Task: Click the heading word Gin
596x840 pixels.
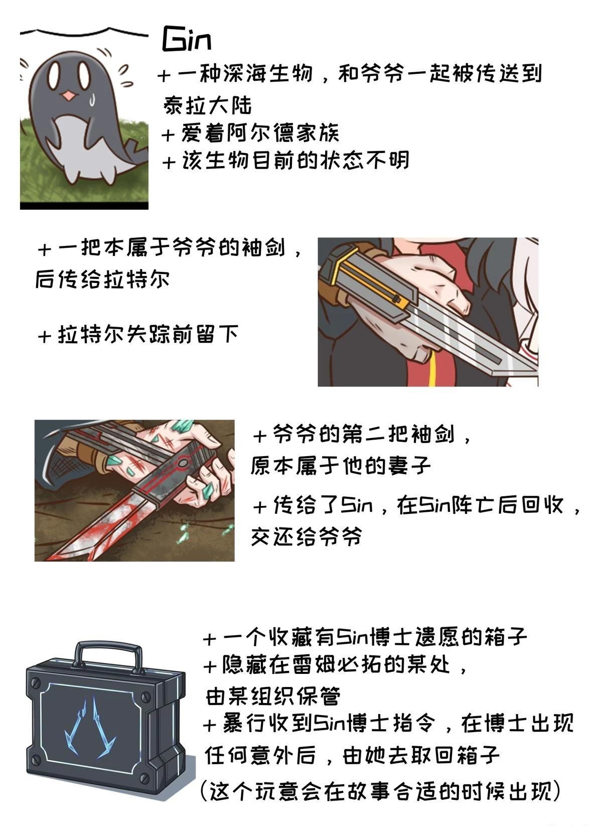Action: coord(187,40)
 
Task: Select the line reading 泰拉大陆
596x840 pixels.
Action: coord(207,106)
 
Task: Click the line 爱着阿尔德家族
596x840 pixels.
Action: coord(250,133)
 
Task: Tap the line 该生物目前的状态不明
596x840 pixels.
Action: coord(285,161)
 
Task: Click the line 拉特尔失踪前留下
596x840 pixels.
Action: coord(138,333)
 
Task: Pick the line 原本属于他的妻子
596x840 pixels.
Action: coord(341,466)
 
